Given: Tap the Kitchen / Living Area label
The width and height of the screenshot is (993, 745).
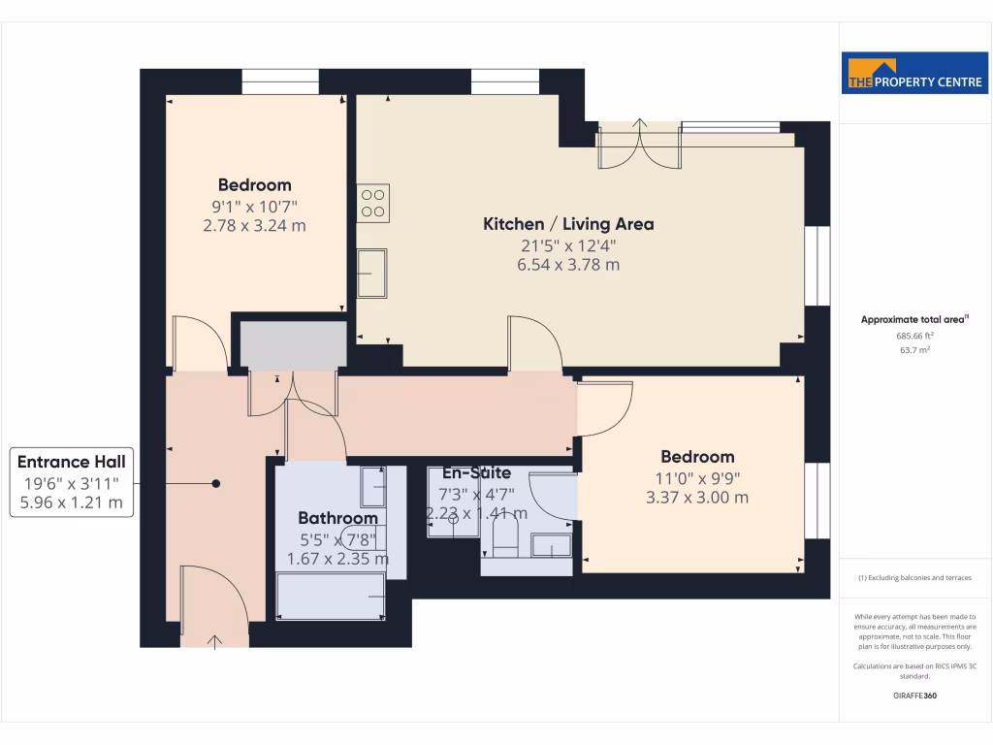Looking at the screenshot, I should point(568,224).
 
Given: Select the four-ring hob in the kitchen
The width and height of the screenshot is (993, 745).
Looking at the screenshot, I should point(373,203).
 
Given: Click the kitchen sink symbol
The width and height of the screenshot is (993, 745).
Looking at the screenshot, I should point(371,274).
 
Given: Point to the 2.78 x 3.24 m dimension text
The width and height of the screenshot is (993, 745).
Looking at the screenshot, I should point(254,226).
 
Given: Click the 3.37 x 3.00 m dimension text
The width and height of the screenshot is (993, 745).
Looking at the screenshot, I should point(697,498).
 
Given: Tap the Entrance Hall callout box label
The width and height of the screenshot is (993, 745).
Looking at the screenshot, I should point(72,463).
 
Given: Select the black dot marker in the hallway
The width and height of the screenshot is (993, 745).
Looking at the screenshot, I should point(216,483).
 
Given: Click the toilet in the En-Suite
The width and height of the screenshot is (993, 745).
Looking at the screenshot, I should point(506,539).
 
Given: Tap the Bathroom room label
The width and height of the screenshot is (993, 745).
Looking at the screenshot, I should point(337,518).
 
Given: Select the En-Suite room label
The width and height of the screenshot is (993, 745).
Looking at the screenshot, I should point(476,473).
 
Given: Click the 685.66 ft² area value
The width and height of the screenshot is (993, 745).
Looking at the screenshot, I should point(914,336).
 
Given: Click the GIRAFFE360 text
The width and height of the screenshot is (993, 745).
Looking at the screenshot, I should point(914,696).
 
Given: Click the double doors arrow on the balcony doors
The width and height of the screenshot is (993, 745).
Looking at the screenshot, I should point(640,123).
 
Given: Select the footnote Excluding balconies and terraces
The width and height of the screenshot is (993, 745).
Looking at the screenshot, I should point(914,577).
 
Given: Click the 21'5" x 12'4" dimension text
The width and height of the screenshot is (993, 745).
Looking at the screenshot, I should point(568,245).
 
